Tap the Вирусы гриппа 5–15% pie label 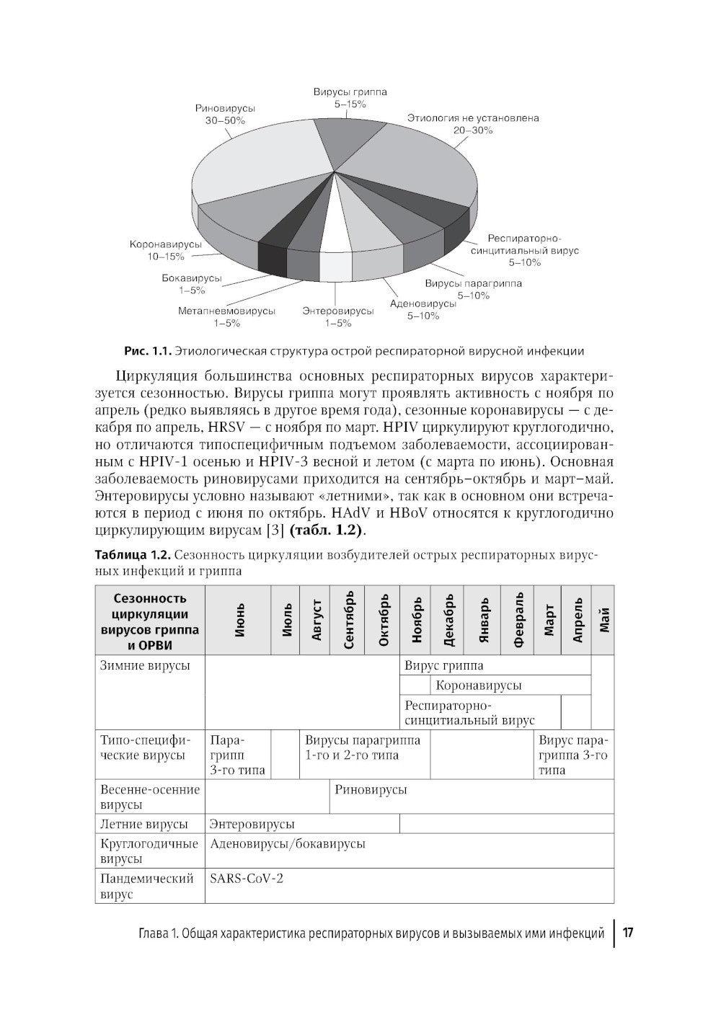click(350, 98)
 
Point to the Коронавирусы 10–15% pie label click(166, 250)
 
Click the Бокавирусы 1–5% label click(192, 283)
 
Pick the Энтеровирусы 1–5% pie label click(337, 317)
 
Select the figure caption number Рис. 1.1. click(147, 352)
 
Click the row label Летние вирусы click(144, 824)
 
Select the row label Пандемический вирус click(147, 887)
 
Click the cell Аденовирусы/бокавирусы click(287, 843)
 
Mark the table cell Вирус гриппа click(444, 665)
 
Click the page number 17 click(627, 933)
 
